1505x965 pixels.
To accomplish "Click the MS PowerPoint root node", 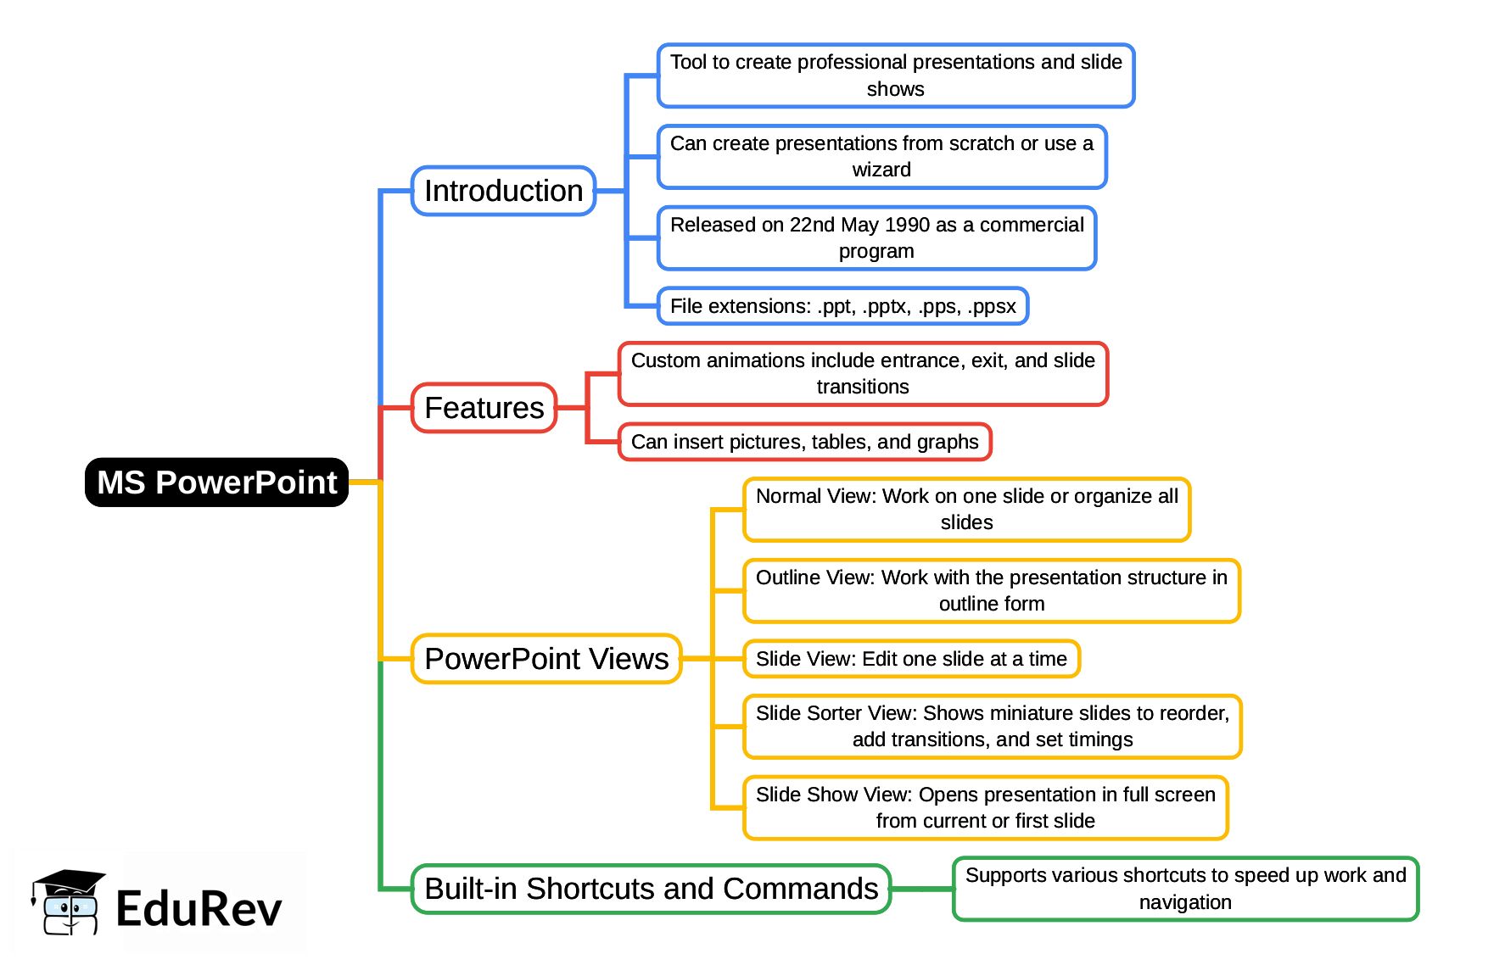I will coord(217,482).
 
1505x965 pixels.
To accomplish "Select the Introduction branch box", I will coord(503,191).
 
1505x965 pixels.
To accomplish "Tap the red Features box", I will coord(484,408).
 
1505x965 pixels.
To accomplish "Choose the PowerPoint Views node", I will coord(546,659).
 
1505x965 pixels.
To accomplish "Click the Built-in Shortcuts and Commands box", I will coord(651,889).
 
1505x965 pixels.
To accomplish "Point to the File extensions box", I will coord(842,306).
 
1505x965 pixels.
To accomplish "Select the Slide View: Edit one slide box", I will coord(911,659).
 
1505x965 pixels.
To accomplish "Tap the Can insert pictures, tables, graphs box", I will coord(804,442).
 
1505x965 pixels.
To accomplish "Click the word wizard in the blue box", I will coord(881,170).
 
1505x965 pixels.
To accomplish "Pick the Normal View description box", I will coord(966,510).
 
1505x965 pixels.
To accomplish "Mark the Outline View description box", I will coord(991,591).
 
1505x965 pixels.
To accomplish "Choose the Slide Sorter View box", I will coord(992,727).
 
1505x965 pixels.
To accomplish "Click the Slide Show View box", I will coord(985,808).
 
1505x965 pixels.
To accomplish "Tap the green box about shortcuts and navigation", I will coord(1185,889).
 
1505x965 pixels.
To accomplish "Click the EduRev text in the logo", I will coord(199,909).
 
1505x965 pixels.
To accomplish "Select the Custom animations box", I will coord(863,374).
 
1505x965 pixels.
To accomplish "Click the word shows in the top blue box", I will coord(895,89).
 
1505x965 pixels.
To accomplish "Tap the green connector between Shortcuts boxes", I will coord(922,889).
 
